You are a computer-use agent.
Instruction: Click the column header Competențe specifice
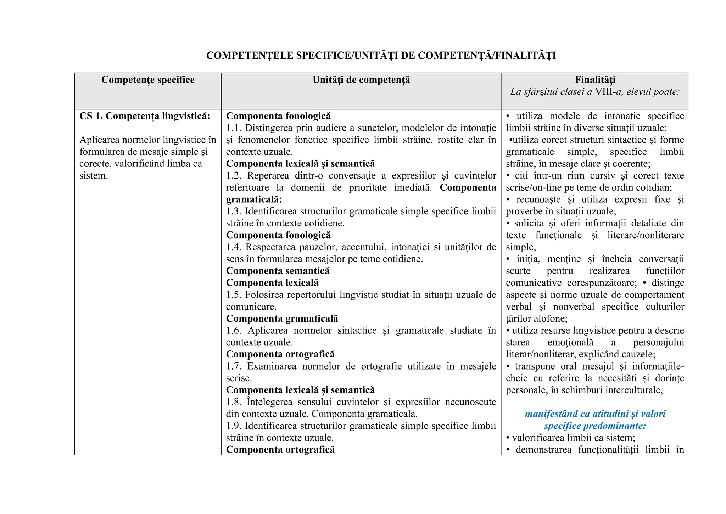tap(148, 80)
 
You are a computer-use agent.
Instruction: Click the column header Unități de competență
tap(361, 80)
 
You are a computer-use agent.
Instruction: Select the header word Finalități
tap(595, 80)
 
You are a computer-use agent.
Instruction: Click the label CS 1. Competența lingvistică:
tap(145, 116)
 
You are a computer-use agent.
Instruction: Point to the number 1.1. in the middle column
tap(234, 128)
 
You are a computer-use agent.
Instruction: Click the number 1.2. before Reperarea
tap(234, 176)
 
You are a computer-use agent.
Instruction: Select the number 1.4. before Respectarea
tap(234, 247)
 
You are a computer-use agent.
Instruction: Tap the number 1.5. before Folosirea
tap(234, 295)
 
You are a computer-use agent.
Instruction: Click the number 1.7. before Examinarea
tap(234, 366)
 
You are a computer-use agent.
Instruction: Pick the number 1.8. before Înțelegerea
tap(234, 402)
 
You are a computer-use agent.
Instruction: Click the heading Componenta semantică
tap(278, 271)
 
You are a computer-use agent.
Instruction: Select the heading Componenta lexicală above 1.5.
tap(272, 283)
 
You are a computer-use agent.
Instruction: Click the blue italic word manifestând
tap(551, 414)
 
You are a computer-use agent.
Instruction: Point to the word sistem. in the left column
tap(94, 176)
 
